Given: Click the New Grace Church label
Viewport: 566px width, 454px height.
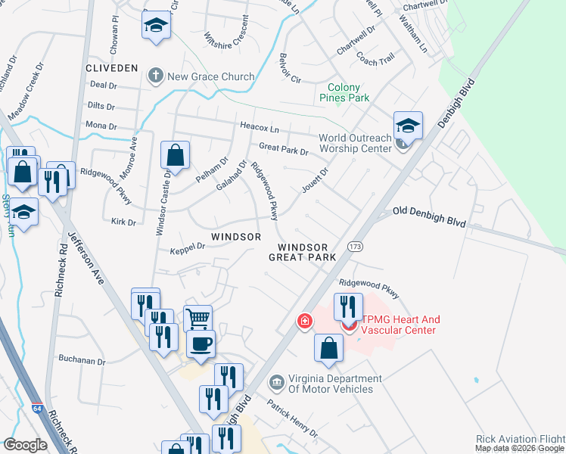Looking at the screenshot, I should point(211,76).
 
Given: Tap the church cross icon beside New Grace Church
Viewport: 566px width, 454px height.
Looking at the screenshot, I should point(156,76).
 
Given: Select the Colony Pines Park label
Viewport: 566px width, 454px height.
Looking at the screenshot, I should point(348,92).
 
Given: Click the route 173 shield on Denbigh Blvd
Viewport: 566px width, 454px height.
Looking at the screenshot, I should point(355,247).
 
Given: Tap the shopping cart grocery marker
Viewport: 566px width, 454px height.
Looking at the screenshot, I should point(197,318).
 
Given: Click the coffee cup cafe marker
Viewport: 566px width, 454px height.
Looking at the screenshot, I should point(201,344).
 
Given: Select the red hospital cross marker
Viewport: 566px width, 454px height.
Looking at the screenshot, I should point(304,322).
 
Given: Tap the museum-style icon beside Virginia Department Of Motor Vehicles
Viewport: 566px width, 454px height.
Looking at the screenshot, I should point(277,384).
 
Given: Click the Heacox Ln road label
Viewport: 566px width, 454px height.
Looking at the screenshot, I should point(260,129).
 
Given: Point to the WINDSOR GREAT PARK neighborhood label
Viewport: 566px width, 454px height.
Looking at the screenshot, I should point(303,253).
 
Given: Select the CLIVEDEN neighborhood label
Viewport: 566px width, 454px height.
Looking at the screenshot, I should point(112,68).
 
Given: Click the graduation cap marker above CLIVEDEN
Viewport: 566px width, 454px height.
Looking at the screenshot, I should point(156,26).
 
